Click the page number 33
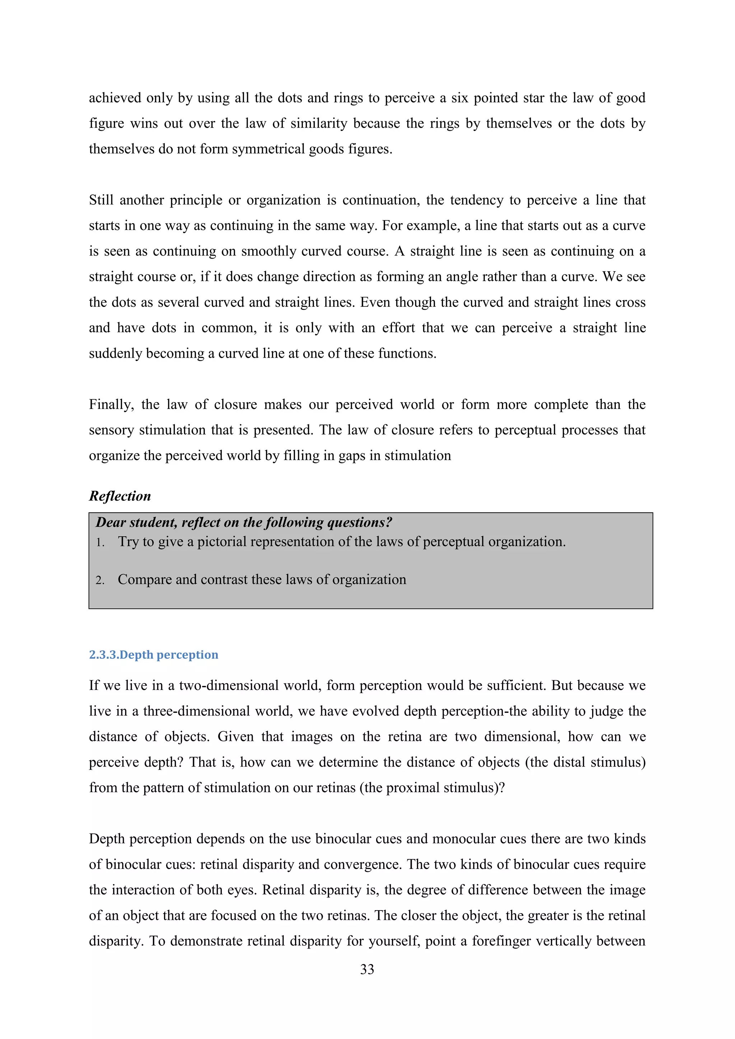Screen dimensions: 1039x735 point(367,969)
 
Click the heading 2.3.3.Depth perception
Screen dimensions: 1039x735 point(154,655)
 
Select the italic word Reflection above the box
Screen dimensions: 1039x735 point(120,496)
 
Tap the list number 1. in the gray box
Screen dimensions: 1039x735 point(100,542)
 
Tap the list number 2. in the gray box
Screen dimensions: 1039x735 point(100,580)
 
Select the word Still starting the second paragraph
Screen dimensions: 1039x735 point(101,200)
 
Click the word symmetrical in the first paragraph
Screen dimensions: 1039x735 point(268,149)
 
